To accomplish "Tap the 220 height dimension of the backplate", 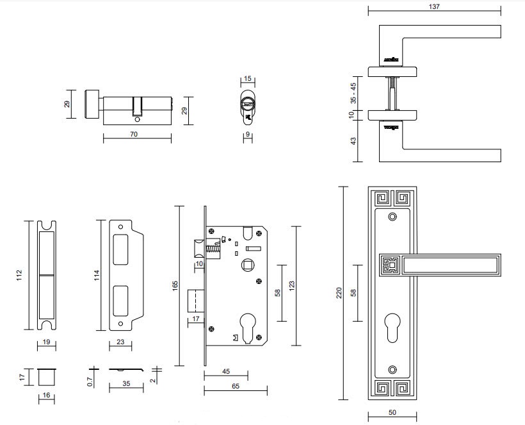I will coord(339,292).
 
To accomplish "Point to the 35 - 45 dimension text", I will coord(353,93).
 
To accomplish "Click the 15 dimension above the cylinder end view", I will coord(248,79).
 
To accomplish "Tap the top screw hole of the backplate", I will coord(392,216).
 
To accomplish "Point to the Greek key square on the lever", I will coord(390,264).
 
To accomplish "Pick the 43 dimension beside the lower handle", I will coord(353,141).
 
